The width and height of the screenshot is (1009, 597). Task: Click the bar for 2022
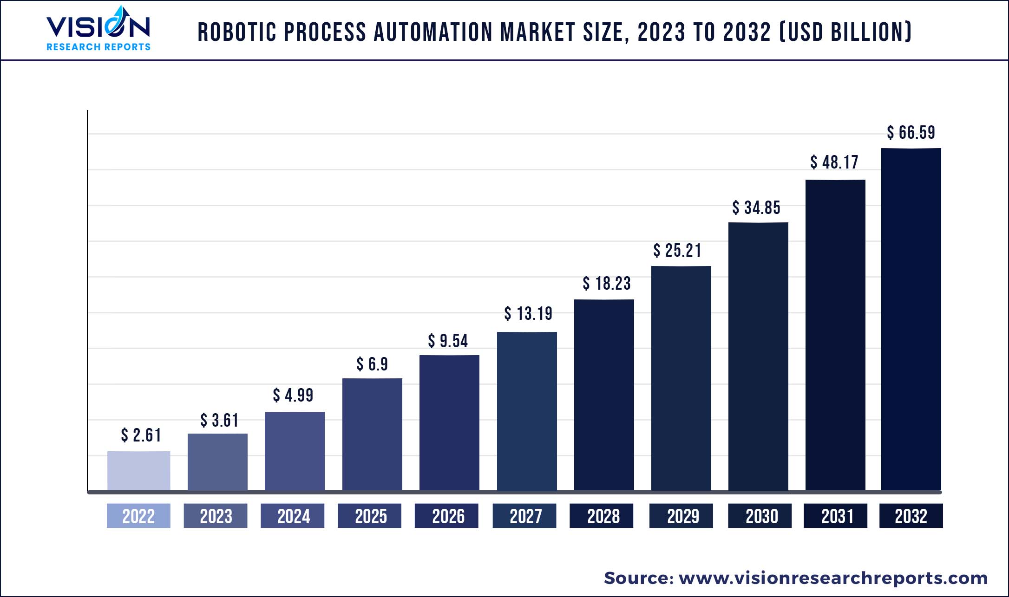pyautogui.click(x=138, y=470)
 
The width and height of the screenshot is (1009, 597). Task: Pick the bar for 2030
pyautogui.click(x=758, y=356)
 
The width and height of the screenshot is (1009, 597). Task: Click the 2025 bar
pyautogui.click(x=372, y=434)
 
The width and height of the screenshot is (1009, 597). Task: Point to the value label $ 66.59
pyautogui.click(x=911, y=133)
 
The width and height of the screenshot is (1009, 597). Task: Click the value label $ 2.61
pyautogui.click(x=141, y=435)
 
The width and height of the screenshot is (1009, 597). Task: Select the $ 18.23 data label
pyautogui.click(x=607, y=284)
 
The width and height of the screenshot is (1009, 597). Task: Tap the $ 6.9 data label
pyautogui.click(x=372, y=364)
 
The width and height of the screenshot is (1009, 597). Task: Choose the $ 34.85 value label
pyautogui.click(x=756, y=208)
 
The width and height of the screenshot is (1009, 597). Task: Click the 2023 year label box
pyautogui.click(x=216, y=516)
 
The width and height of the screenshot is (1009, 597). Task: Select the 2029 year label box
pyautogui.click(x=681, y=516)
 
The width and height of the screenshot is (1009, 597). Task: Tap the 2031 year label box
pyautogui.click(x=835, y=516)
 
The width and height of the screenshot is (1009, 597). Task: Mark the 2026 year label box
pyautogui.click(x=446, y=516)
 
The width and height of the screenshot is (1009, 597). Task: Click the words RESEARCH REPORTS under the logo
pyautogui.click(x=98, y=47)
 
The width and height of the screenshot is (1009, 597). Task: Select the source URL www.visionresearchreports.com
pyautogui.click(x=833, y=578)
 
